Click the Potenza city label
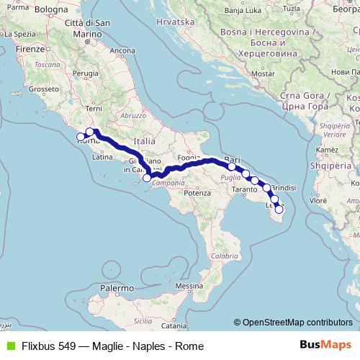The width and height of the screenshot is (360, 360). click(x=197, y=193)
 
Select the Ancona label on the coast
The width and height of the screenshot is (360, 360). click(x=122, y=50)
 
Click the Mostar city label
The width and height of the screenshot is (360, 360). click(x=264, y=73)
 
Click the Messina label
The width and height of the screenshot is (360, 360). click(x=189, y=286)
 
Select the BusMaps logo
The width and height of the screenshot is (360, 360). click(x=325, y=346)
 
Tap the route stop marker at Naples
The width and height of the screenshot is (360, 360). click(x=147, y=178)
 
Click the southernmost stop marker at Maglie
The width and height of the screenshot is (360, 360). click(x=279, y=210)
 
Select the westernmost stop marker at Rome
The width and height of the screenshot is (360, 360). click(x=81, y=136)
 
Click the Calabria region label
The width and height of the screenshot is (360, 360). click(x=225, y=256)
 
